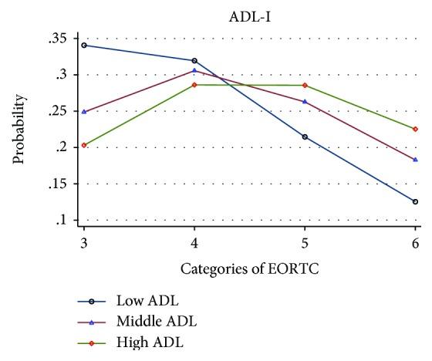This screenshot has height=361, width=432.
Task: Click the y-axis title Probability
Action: (x=19, y=129)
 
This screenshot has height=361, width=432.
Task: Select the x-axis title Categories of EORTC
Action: (x=249, y=269)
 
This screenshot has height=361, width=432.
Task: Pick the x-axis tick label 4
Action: (x=194, y=242)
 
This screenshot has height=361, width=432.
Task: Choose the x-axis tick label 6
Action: (x=416, y=242)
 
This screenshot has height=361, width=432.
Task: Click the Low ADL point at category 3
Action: (x=83, y=45)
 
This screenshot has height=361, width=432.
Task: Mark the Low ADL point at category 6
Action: (x=416, y=201)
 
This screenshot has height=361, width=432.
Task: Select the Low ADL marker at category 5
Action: (x=305, y=137)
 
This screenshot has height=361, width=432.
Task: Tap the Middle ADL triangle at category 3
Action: (x=83, y=111)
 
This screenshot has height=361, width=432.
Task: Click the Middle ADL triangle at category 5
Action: (x=305, y=101)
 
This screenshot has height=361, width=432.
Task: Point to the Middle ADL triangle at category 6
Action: (x=416, y=159)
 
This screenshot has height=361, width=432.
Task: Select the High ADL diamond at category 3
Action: (x=83, y=145)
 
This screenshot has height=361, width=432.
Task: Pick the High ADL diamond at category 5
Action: (x=305, y=85)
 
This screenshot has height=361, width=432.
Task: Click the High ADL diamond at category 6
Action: (x=416, y=129)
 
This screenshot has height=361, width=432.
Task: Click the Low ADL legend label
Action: (x=148, y=302)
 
